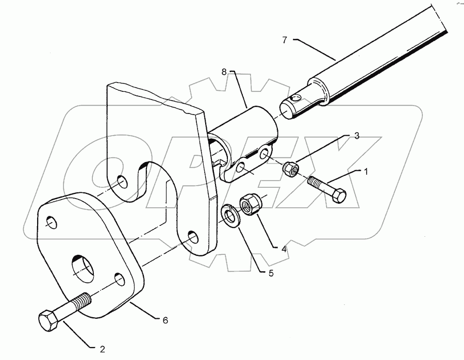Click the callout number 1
click(366, 172)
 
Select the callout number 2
click(103, 349)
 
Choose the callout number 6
click(165, 320)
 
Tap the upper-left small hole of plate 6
click(52, 223)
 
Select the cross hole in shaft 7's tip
click(294, 99)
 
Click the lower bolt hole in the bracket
click(192, 237)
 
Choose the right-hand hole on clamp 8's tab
click(264, 153)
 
